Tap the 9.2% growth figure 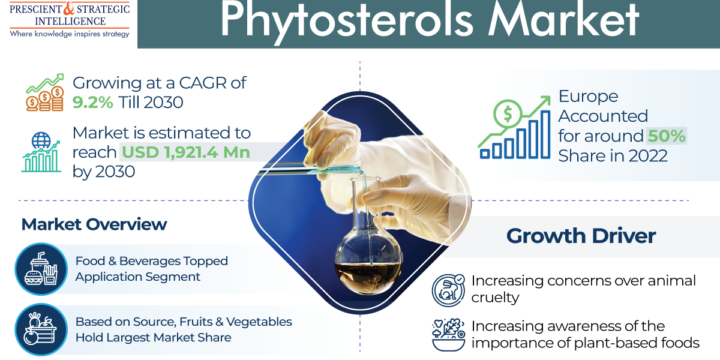tap(92, 103)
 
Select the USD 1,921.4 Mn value tap(186, 152)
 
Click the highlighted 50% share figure tap(666, 136)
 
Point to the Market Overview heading tap(94, 224)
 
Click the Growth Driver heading tap(581, 235)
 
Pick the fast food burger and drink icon tap(39, 268)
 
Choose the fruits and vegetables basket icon tap(39, 329)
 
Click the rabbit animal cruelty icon tap(448, 289)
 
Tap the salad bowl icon tap(448, 335)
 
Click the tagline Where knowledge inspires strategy tap(69, 34)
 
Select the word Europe tap(580, 96)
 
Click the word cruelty tap(495, 298)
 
